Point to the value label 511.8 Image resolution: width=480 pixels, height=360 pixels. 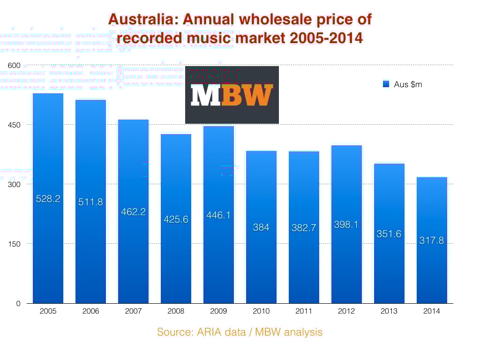(91, 202)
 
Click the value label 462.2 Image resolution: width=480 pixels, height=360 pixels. (134, 212)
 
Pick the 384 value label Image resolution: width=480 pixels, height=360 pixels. (261, 227)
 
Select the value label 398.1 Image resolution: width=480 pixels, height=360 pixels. (346, 225)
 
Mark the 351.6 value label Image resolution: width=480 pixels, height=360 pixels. (389, 234)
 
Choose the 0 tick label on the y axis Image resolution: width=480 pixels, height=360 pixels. (18, 303)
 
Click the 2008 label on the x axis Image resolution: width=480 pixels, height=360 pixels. (176, 311)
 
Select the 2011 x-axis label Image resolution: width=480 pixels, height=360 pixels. (304, 311)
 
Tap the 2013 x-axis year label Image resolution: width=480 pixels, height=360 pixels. (389, 311)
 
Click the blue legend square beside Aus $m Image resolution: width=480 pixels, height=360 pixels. (386, 84)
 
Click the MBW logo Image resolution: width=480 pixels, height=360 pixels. (232, 95)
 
